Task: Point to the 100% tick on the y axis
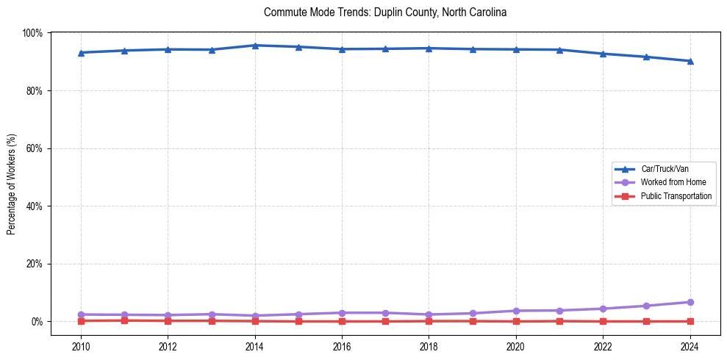pyautogui.click(x=33, y=33)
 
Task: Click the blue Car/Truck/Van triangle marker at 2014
pyautogui.click(x=255, y=46)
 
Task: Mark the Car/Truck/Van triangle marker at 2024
pyautogui.click(x=690, y=61)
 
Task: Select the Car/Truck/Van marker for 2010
pyautogui.click(x=81, y=52)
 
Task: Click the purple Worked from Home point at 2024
pyautogui.click(x=690, y=302)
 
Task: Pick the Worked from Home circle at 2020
pyautogui.click(x=516, y=311)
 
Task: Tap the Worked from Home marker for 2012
pyautogui.click(x=168, y=315)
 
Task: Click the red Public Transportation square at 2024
pyautogui.click(x=690, y=321)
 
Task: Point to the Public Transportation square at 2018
pyautogui.click(x=429, y=321)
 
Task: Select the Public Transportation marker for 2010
pyautogui.click(x=81, y=320)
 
